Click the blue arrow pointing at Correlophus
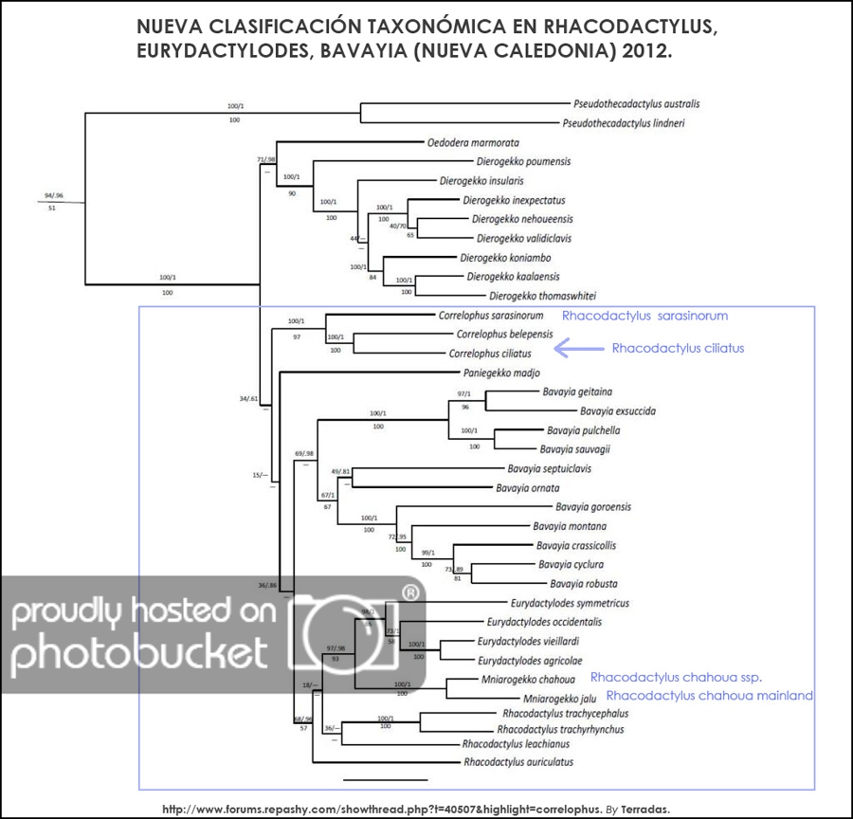577,349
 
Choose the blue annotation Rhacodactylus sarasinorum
644,316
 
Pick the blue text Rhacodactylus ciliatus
678,348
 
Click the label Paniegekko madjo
500,373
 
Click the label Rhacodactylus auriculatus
517,761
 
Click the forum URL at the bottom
377,810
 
